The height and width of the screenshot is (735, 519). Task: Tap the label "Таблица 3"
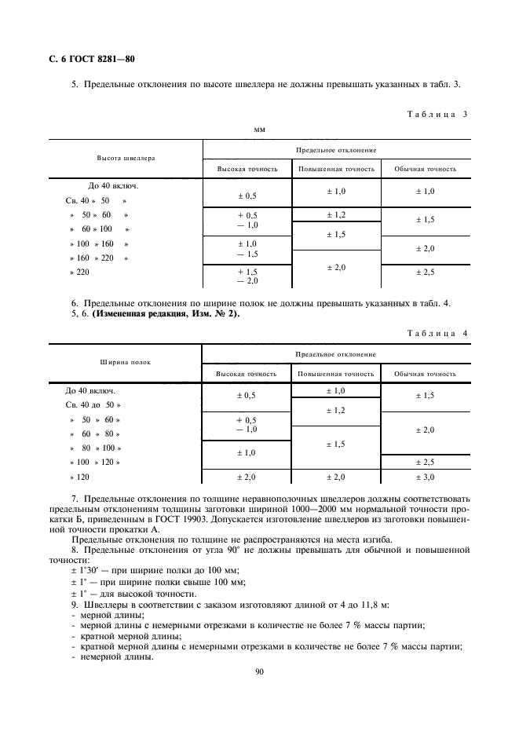tap(437, 114)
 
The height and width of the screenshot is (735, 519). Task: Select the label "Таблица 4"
tap(437, 333)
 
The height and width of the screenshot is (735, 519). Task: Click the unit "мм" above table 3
tap(259, 130)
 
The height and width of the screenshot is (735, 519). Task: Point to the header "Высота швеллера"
tap(126, 158)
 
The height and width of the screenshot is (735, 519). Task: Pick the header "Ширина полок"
tap(126, 363)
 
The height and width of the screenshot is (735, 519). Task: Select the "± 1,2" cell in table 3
tap(336, 214)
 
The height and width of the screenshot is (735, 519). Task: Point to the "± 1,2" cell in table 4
tap(336, 411)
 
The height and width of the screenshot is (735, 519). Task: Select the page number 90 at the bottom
tap(259, 671)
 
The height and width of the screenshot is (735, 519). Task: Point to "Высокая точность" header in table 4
tap(247, 374)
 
